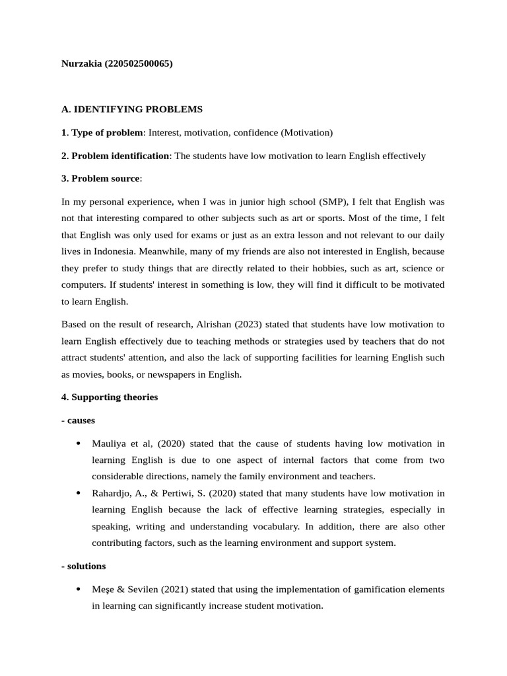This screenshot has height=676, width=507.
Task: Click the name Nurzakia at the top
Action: coord(81,64)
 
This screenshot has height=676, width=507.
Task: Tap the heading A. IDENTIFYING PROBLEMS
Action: coord(132,109)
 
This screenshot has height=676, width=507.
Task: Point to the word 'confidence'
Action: coord(257,133)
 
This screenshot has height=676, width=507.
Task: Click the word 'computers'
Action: coord(83,285)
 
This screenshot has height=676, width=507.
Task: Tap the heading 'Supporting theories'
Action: coord(114,397)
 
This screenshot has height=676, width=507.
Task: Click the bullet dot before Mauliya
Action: coord(78,443)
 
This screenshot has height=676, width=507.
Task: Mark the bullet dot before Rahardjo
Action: coord(78,493)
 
